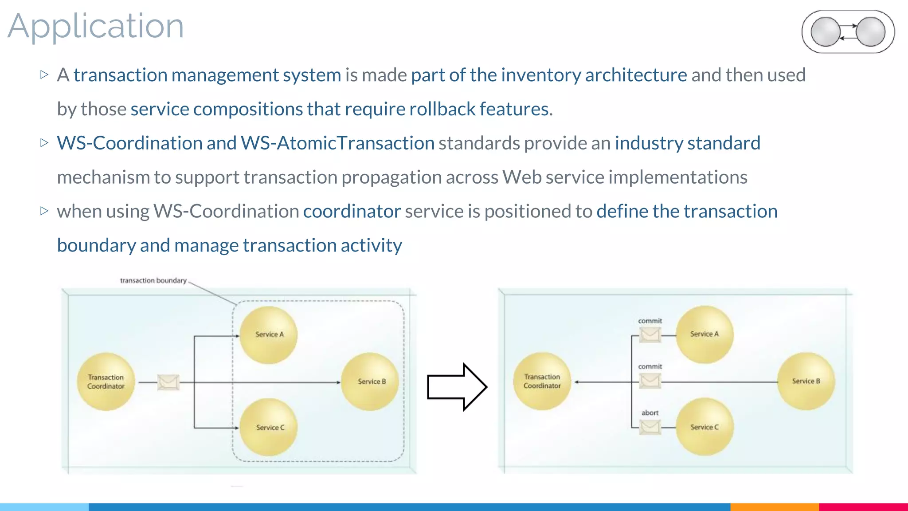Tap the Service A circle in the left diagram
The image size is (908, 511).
click(x=269, y=335)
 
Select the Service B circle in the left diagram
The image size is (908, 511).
click(x=371, y=381)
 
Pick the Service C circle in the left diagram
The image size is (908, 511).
click(x=269, y=427)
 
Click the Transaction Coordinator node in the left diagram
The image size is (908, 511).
click(x=106, y=381)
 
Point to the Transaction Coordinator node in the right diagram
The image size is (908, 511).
click(x=542, y=381)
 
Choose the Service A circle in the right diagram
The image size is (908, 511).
click(x=704, y=334)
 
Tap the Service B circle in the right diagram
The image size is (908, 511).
click(x=806, y=381)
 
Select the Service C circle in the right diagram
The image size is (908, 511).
click(x=704, y=427)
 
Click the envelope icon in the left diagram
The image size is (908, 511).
click(x=168, y=382)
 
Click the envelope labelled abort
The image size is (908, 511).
click(x=650, y=427)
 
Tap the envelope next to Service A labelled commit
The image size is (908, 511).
click(x=650, y=334)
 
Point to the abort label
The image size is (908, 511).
click(x=650, y=413)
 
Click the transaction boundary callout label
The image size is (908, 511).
click(x=153, y=280)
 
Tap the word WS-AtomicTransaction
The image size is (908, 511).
click(x=337, y=143)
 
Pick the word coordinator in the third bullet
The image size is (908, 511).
click(x=352, y=211)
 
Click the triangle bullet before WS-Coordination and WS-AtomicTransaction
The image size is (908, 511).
click(x=44, y=143)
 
